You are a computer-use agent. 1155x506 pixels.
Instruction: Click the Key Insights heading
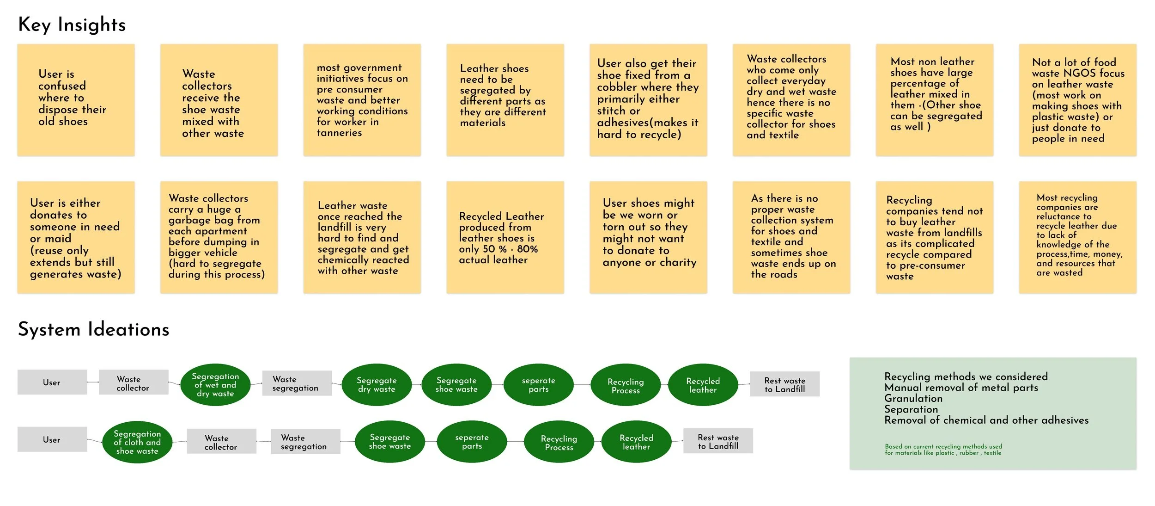(x=72, y=25)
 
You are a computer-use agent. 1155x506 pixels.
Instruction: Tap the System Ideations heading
(x=93, y=330)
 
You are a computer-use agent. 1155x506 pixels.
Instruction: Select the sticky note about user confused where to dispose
(x=76, y=100)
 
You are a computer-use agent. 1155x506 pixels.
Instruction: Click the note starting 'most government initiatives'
(x=362, y=100)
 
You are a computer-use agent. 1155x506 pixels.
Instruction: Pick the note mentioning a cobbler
(x=648, y=100)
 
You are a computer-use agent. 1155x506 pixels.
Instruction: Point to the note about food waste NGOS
(x=1077, y=100)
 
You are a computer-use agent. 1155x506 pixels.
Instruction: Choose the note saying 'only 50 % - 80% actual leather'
(x=505, y=237)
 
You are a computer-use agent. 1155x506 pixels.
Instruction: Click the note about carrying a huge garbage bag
(x=219, y=237)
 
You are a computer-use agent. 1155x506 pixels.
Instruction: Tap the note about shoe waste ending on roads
(x=791, y=237)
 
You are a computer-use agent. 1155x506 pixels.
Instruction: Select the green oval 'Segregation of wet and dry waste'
(x=215, y=385)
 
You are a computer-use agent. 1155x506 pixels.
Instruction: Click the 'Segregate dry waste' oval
(x=377, y=385)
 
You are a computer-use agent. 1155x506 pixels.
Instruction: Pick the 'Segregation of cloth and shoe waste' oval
(x=137, y=442)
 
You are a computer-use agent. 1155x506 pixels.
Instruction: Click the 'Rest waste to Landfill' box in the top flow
(x=784, y=384)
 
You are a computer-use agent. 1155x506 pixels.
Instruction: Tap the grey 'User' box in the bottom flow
(x=52, y=439)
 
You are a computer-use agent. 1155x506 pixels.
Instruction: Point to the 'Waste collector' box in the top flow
(x=133, y=383)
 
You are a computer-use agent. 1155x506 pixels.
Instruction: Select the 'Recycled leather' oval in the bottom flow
(x=636, y=442)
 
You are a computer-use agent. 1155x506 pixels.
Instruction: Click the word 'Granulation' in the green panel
(x=913, y=399)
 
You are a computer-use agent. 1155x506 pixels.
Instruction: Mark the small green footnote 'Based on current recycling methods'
(x=943, y=450)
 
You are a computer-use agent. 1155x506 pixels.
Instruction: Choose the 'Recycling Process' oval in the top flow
(x=626, y=386)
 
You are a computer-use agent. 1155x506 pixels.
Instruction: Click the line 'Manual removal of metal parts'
(x=961, y=388)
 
